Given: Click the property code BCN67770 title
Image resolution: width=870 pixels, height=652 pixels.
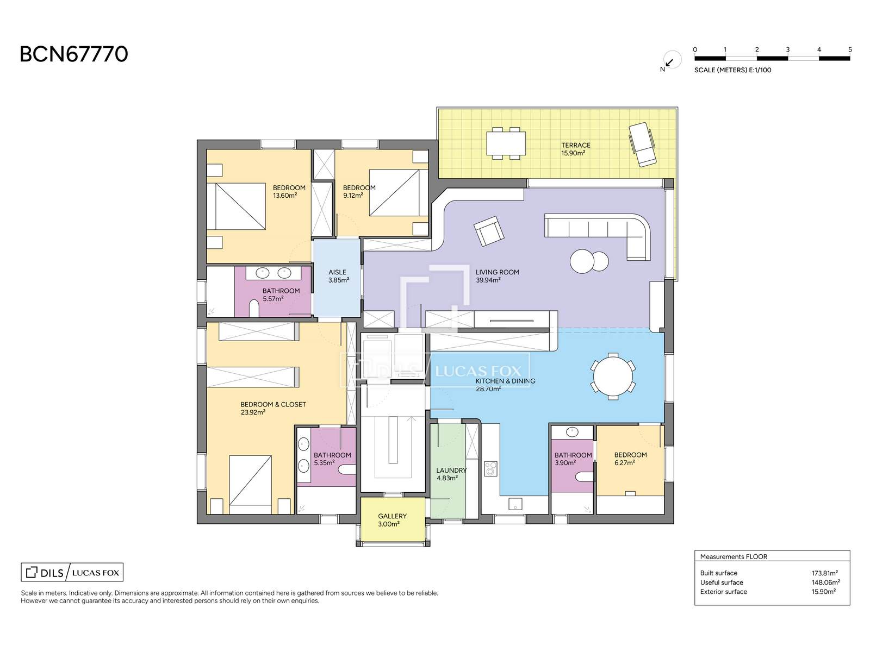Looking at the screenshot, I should pos(74,54).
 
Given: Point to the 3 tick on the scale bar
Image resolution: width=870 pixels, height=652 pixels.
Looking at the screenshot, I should pos(787,50).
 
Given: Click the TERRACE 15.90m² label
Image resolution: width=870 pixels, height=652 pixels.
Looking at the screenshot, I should pos(575,149).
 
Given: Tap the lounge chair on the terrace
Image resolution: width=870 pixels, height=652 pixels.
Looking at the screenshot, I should pos(642,144).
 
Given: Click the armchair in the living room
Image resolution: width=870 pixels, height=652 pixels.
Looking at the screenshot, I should pos(488,231).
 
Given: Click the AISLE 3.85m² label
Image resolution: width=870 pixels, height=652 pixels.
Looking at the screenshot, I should pos(338,276).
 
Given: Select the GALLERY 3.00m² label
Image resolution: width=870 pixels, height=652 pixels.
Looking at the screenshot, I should pos(392,520).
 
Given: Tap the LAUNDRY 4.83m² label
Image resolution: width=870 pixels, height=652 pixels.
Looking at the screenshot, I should pos(451,474).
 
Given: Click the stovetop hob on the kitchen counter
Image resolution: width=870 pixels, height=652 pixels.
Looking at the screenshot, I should pos(490,468).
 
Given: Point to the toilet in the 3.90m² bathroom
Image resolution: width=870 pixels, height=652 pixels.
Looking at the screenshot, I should pos(583,477).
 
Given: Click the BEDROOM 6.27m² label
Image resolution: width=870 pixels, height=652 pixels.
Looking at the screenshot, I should pos(630,459).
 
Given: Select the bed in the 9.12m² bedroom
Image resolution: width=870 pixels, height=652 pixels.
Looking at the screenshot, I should pos(394,193).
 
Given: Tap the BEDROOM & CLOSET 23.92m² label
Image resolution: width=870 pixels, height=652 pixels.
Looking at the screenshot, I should pos(273,408).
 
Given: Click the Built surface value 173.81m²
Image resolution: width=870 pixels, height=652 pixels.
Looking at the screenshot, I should pos(824,573).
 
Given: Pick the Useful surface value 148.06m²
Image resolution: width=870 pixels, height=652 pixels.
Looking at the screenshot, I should pos(824,582).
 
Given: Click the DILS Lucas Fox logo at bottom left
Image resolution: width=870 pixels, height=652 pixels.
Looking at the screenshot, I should pos(72,572).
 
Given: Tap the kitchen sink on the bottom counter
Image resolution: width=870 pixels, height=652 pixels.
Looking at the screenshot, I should pos(514,504).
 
